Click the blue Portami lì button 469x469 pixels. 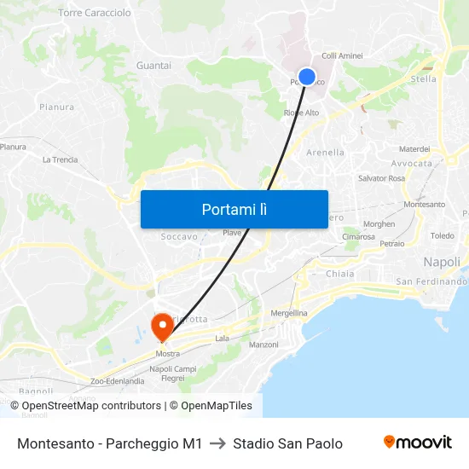[234, 209]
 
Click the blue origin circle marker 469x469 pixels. [307, 77]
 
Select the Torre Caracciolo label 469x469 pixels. [95, 13]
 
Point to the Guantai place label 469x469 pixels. [153, 66]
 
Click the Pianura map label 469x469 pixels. [56, 107]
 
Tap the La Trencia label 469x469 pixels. [60, 159]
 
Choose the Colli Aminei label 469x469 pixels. [342, 55]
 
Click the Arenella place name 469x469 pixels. [325, 153]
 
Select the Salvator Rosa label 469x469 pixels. [381, 178]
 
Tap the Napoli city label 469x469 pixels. [442, 262]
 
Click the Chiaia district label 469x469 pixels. [340, 274]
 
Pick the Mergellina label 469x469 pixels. [289, 313]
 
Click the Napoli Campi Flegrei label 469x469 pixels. [167, 373]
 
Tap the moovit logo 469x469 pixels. [417, 443]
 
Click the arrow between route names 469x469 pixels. [217, 443]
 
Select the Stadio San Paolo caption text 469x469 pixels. [287, 443]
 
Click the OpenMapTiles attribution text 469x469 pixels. [217, 406]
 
